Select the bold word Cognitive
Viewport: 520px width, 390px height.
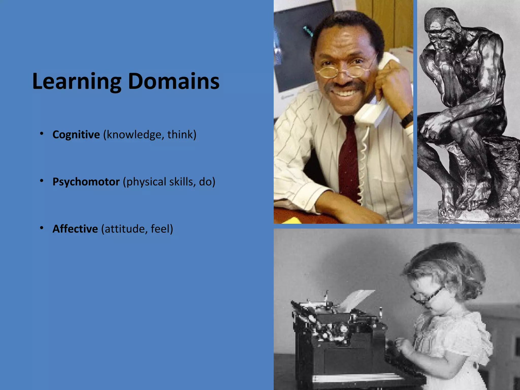76,135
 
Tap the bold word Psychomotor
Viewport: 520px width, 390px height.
86,182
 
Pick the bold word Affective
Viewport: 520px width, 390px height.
75,229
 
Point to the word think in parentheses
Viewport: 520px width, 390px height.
180,135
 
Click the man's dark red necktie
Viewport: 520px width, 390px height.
348,157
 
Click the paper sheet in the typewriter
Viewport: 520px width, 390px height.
355,300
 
